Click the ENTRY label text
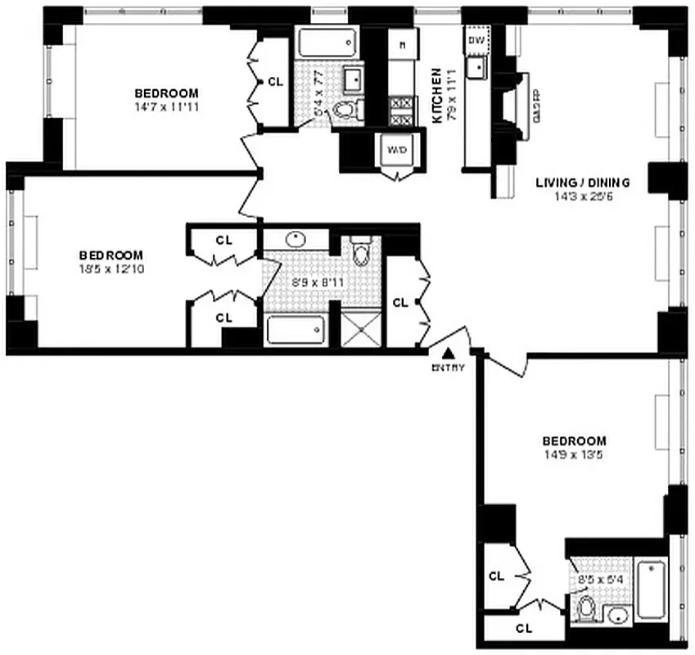tap(448, 368)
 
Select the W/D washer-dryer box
tap(396, 151)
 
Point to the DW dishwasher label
tap(476, 39)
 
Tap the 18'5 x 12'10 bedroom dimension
tap(111, 269)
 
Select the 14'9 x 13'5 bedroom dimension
tap(573, 454)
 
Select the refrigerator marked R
tap(403, 45)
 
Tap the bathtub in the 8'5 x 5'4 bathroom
tap(652, 589)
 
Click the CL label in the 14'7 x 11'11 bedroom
tap(275, 82)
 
